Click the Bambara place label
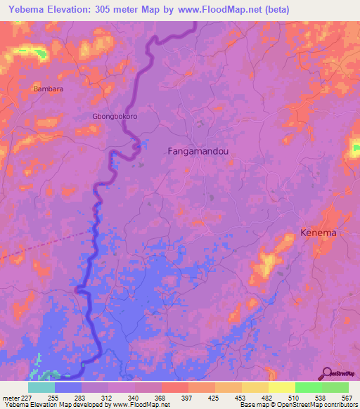pyautogui.click(x=47, y=89)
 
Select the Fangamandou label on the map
pyautogui.click(x=199, y=151)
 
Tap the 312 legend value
pyautogui.click(x=108, y=397)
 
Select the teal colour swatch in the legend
pyautogui.click(x=41, y=387)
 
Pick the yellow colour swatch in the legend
pyautogui.click(x=281, y=387)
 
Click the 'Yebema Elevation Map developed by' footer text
pyautogui.click(x=49, y=405)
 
